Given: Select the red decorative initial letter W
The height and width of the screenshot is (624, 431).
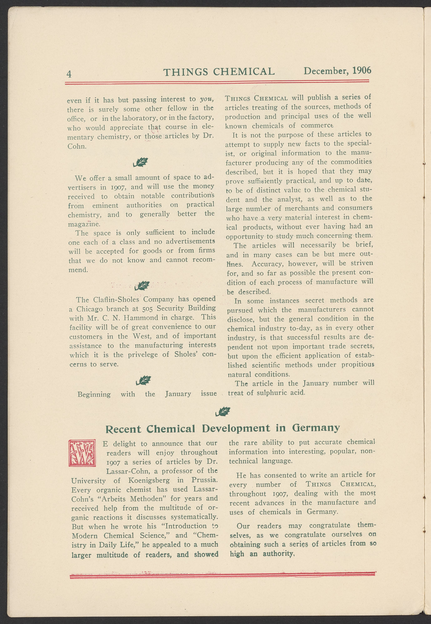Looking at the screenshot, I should click(82, 453).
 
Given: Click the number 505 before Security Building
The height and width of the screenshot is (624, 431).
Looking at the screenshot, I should click(148, 309).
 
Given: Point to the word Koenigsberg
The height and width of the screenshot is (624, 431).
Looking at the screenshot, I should click(149, 481).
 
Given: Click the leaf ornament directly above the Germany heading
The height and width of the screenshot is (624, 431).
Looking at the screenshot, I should click(223, 412).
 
